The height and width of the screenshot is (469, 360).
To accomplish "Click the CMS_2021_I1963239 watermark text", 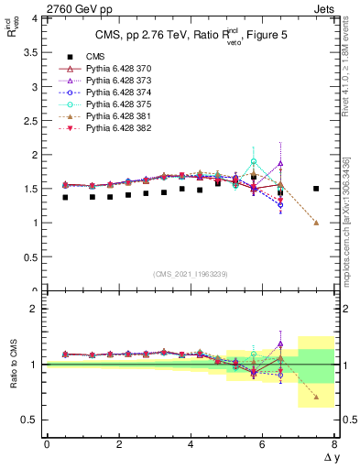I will click(x=191, y=274).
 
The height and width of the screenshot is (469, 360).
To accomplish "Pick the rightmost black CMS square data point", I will click(x=316, y=189).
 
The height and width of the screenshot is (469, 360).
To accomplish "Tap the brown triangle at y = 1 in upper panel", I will click(x=316, y=223).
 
